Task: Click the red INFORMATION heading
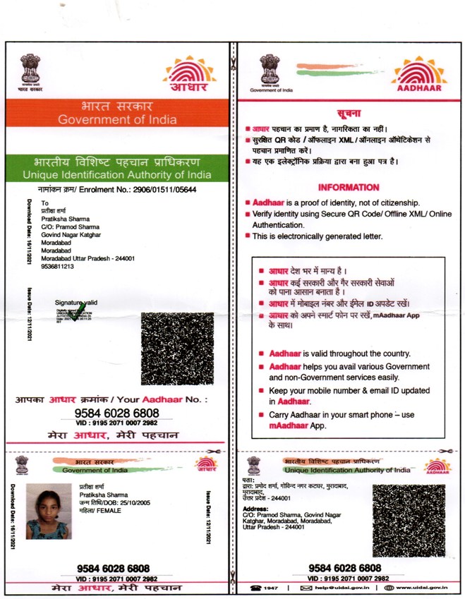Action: (348, 188)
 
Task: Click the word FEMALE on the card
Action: (111, 510)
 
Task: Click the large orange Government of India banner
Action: (117, 114)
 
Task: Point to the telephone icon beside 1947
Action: (256, 588)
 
